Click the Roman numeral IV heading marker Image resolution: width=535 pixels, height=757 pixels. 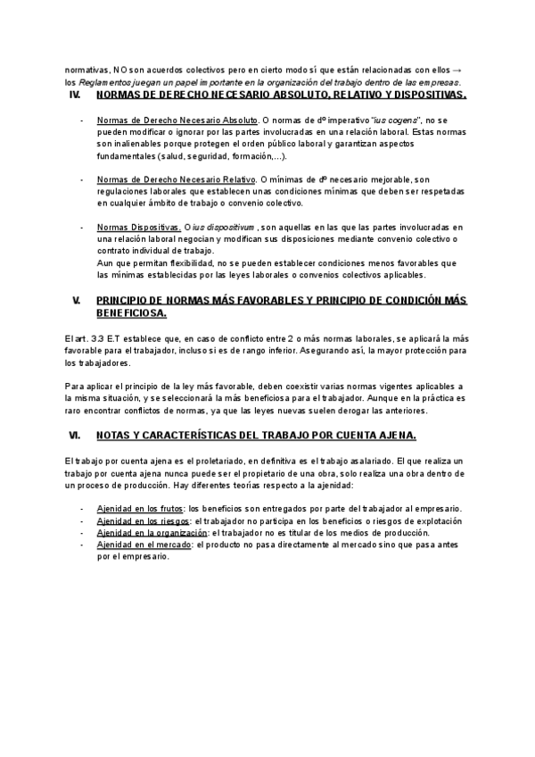(75, 94)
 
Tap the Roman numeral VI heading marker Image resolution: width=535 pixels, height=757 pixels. (75, 435)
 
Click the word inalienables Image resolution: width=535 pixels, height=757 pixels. (136, 145)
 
